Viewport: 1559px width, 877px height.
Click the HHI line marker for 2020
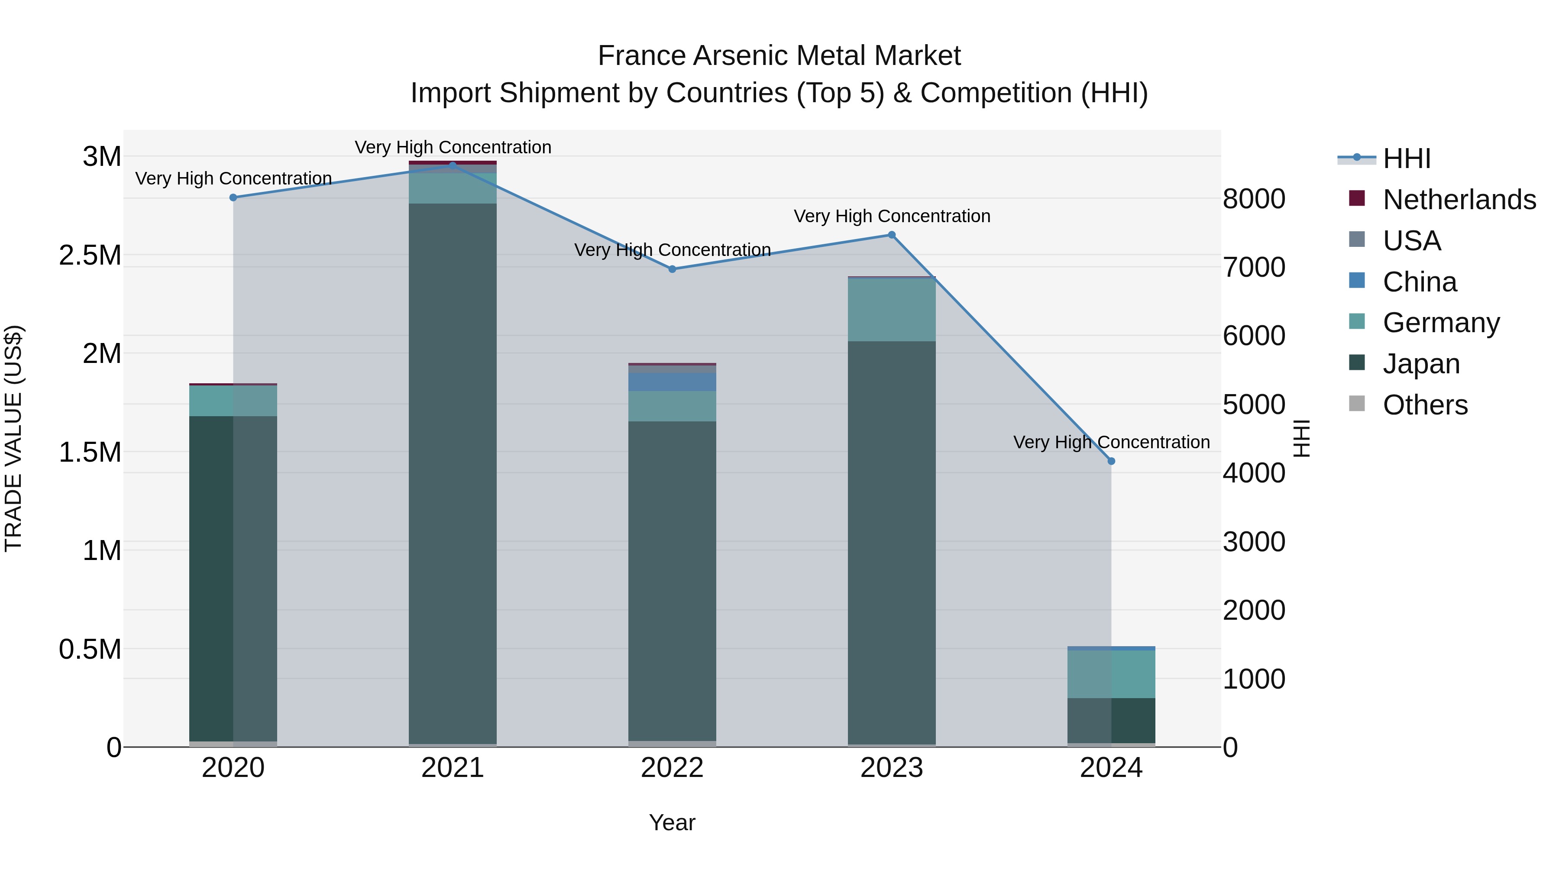click(233, 197)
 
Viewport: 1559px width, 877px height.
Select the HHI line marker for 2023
click(892, 235)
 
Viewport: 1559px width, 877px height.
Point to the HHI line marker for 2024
click(1111, 461)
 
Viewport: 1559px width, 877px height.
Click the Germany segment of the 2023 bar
click(892, 310)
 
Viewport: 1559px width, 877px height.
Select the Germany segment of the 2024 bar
click(1111, 673)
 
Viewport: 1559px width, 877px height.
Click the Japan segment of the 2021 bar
click(453, 472)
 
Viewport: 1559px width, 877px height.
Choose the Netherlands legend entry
click(1459, 200)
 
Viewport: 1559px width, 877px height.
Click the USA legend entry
click(1411, 241)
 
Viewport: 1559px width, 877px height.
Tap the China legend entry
click(1419, 282)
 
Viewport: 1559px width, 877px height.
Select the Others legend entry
click(1425, 405)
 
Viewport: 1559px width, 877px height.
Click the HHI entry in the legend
click(1407, 159)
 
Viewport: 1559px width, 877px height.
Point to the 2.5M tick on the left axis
click(90, 256)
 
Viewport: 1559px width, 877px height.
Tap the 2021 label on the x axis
click(453, 768)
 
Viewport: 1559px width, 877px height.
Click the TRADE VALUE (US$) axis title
click(13, 438)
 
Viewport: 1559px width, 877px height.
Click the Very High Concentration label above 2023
click(892, 216)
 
